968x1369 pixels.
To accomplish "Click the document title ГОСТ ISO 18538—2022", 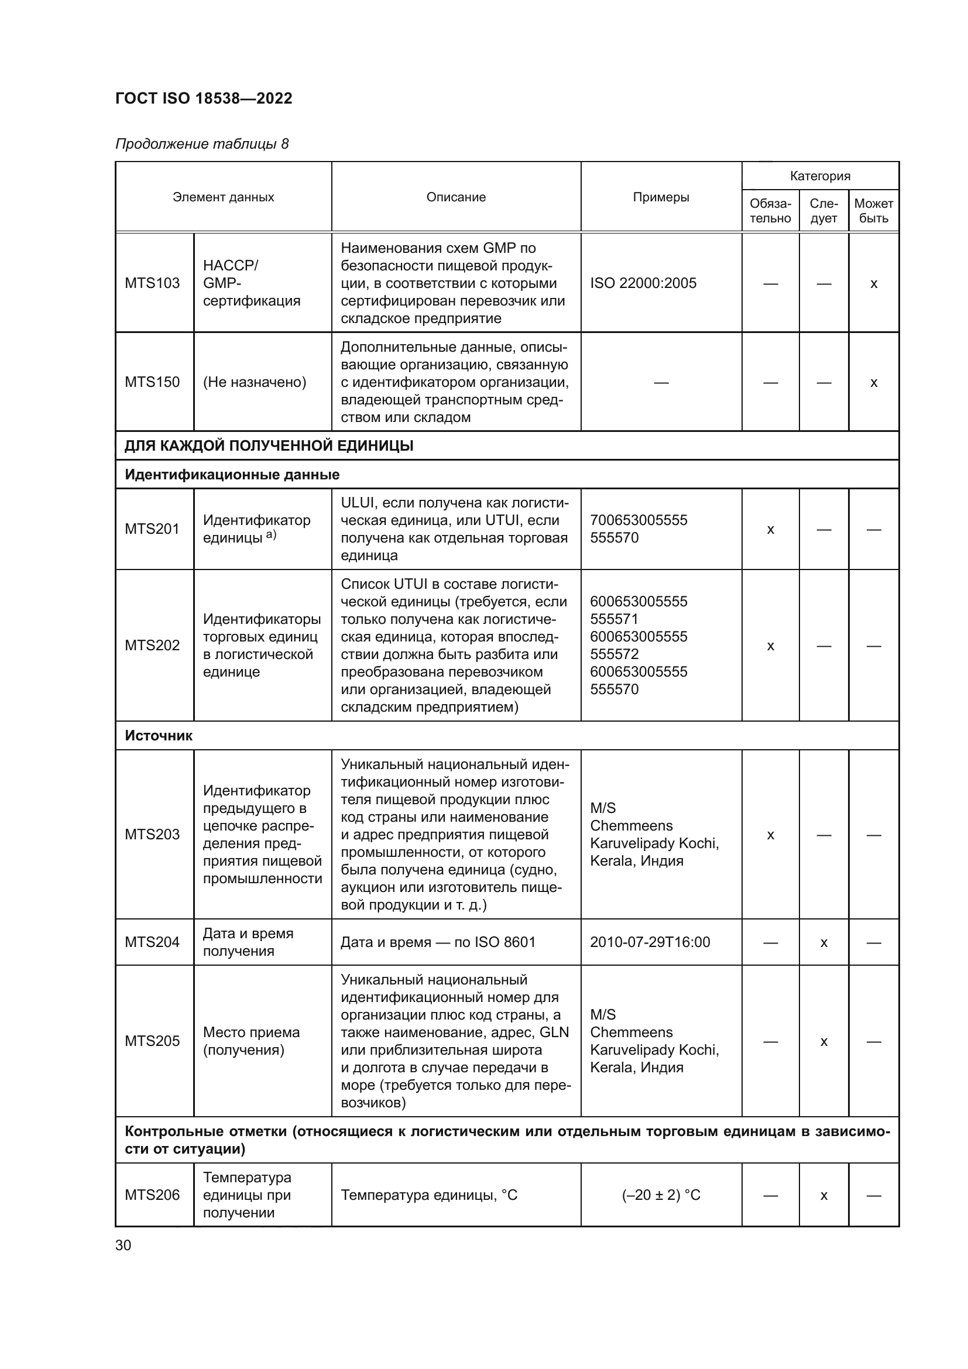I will pyautogui.click(x=203, y=98).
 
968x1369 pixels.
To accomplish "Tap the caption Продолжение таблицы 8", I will pyautogui.click(x=201, y=144).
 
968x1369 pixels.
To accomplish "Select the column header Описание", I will pyautogui.click(x=455, y=197).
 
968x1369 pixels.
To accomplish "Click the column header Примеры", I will pyautogui.click(x=660, y=197).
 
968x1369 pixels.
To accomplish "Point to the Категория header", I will pyautogui.click(x=819, y=176).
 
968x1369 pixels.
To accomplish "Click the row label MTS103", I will pyautogui.click(x=152, y=283).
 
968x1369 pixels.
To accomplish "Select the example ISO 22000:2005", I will pyautogui.click(x=643, y=283).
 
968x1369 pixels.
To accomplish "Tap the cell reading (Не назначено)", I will pyautogui.click(x=255, y=382).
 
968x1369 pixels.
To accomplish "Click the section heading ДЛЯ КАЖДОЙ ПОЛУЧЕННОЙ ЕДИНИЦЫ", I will pyautogui.click(x=269, y=445).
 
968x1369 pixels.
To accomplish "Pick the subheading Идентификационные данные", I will pyautogui.click(x=232, y=475).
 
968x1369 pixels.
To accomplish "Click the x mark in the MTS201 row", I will pyautogui.click(x=770, y=530).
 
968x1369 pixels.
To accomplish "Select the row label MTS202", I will pyautogui.click(x=152, y=645).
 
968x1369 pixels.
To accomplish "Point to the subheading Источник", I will pyautogui.click(x=159, y=735).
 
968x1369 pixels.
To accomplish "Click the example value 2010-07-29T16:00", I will pyautogui.click(x=650, y=942).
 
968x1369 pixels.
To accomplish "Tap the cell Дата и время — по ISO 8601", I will pyautogui.click(x=438, y=942).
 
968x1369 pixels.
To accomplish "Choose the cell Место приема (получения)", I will pyautogui.click(x=251, y=1041).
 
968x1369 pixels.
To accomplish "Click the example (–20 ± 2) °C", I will pyautogui.click(x=660, y=1195).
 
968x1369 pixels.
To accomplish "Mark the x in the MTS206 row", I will pyautogui.click(x=823, y=1196).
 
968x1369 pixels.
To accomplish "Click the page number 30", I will pyautogui.click(x=123, y=1246).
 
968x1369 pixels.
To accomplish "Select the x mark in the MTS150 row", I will pyautogui.click(x=873, y=383).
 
